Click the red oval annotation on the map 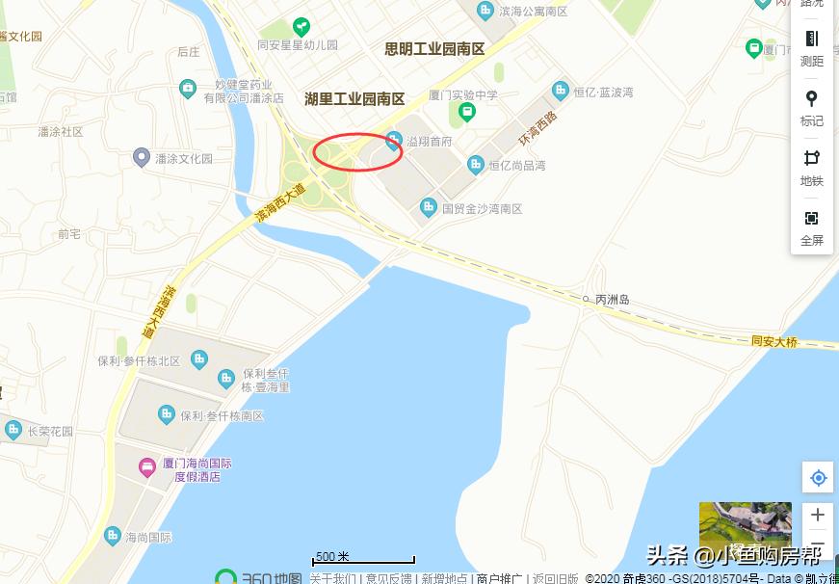point(358,151)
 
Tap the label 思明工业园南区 point(434,48)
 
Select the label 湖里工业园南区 point(354,98)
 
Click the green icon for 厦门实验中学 point(467,112)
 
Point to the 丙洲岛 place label point(612,300)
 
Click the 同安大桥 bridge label point(774,342)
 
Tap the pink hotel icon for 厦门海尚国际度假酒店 point(147,468)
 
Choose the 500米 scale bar point(363,558)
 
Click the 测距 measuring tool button point(812,47)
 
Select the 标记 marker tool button point(812,107)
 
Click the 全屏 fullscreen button point(812,227)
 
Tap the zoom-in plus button point(818,515)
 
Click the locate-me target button point(818,478)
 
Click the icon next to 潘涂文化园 point(142,157)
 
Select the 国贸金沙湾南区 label point(482,208)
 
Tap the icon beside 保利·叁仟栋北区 point(199,359)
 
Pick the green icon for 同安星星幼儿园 point(302,26)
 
